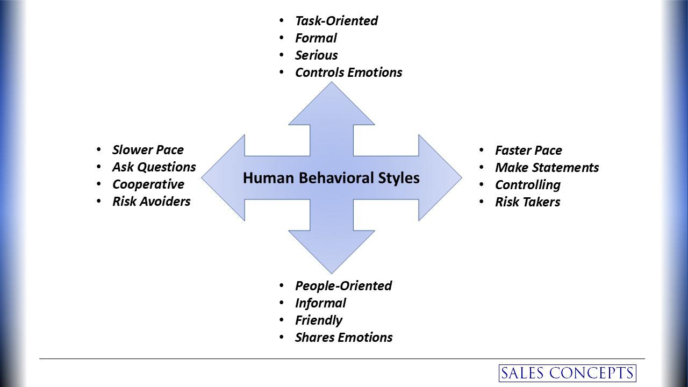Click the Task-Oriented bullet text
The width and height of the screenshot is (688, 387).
tap(336, 21)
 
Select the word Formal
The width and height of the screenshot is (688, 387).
tap(316, 38)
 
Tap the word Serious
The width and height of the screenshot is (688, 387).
tap(316, 55)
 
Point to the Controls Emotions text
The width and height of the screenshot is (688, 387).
tap(348, 73)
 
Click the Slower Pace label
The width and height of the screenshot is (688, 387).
tap(148, 150)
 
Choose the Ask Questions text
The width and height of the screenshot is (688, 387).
tap(154, 167)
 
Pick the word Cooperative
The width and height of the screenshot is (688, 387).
tap(148, 184)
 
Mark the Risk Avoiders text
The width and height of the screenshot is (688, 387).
tap(151, 202)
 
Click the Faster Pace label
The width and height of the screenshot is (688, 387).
tap(528, 150)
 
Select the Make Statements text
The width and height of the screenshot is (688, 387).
tap(547, 168)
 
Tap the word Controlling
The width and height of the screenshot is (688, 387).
tap(527, 185)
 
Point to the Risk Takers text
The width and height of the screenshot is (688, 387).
tap(527, 202)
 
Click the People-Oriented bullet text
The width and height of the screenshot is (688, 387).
tap(343, 286)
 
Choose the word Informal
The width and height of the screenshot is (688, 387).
tap(320, 303)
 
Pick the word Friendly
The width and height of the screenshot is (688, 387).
tap(318, 320)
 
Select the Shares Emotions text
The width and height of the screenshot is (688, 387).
tap(343, 338)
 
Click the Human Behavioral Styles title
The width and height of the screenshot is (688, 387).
tap(331, 178)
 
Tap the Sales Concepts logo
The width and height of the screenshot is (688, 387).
tap(567, 373)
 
